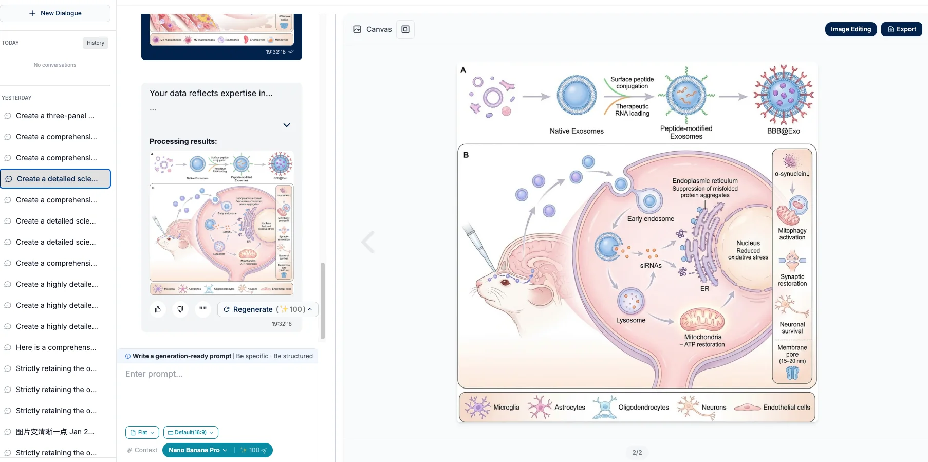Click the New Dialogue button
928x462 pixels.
coord(55,13)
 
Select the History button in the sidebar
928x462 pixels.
coord(95,43)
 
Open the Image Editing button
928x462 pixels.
coord(850,29)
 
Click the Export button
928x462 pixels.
coord(902,29)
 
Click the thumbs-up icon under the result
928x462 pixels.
coord(158,309)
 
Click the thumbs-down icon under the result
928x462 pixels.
coord(180,309)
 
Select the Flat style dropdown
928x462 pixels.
coord(142,433)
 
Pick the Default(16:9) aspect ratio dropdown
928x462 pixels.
coord(191,433)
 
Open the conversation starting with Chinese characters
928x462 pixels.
coord(55,432)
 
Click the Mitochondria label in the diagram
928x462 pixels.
coord(702,337)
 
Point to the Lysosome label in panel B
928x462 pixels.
coord(630,320)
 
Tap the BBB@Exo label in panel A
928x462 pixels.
coord(783,131)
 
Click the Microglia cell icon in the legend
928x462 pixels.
coord(478,407)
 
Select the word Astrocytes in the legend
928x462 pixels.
coord(570,408)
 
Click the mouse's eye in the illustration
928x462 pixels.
coord(506,282)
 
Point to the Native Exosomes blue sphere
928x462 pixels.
coord(577,96)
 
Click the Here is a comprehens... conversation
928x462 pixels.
coord(56,347)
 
